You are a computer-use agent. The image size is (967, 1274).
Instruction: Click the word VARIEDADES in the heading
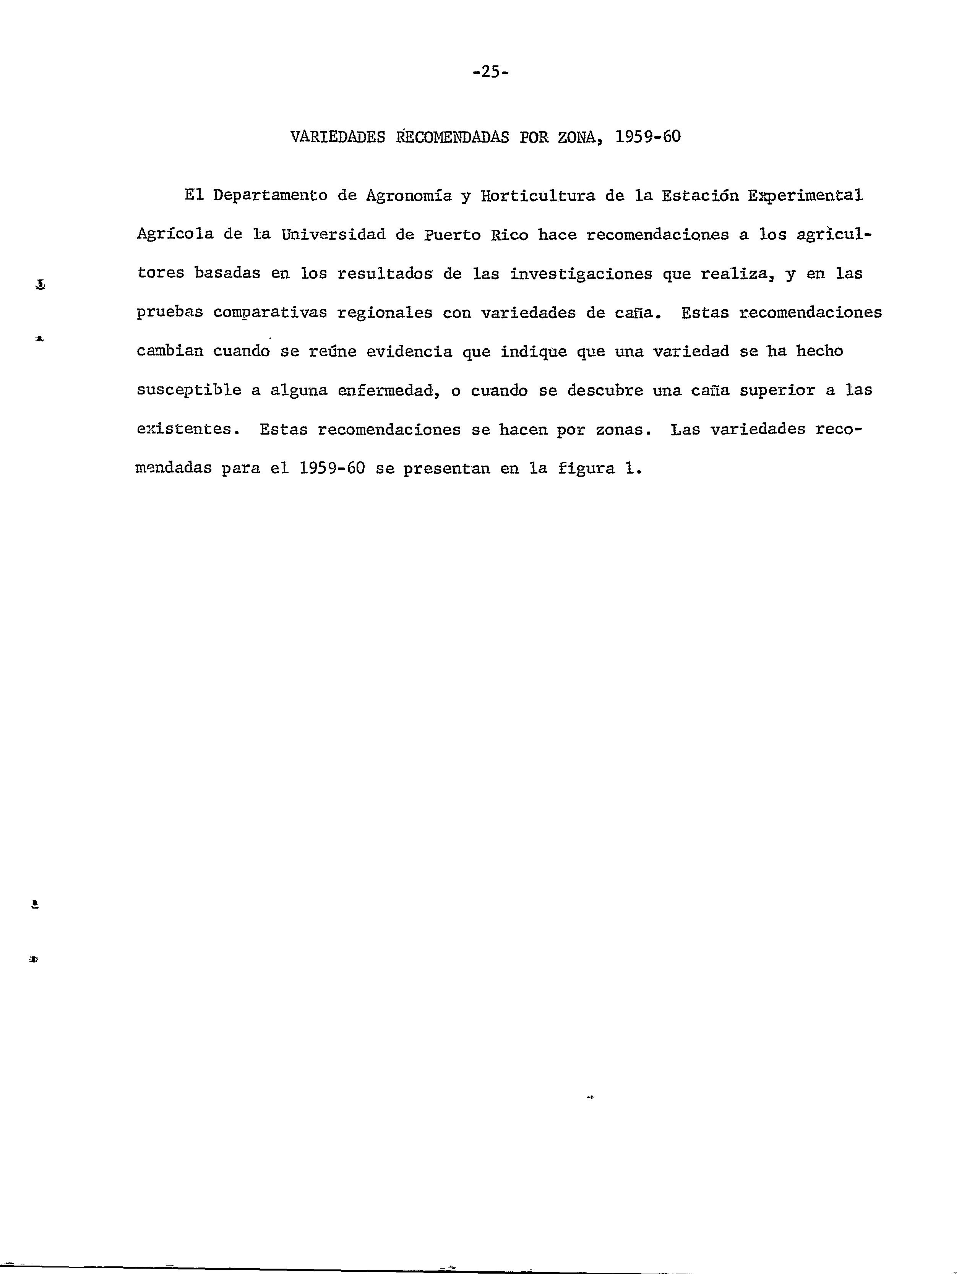point(337,137)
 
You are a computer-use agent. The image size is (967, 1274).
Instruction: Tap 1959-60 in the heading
point(647,137)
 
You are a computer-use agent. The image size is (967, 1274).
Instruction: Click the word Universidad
point(333,235)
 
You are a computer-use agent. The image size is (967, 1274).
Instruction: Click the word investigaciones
point(581,274)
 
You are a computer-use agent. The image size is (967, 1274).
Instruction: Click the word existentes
point(187,430)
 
